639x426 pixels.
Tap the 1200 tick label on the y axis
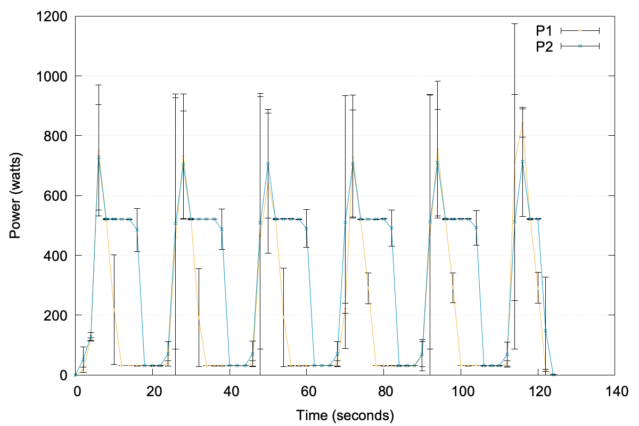pos(51,17)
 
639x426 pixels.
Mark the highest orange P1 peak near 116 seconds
pos(522,123)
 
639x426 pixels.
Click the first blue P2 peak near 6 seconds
pos(99,157)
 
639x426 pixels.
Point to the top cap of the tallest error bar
pos(514,24)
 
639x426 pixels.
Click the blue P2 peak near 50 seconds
pos(268,163)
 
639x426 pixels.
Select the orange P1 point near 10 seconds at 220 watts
pos(114,309)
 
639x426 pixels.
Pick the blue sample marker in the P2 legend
pos(580,46)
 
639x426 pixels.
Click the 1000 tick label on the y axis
pos(51,76)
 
